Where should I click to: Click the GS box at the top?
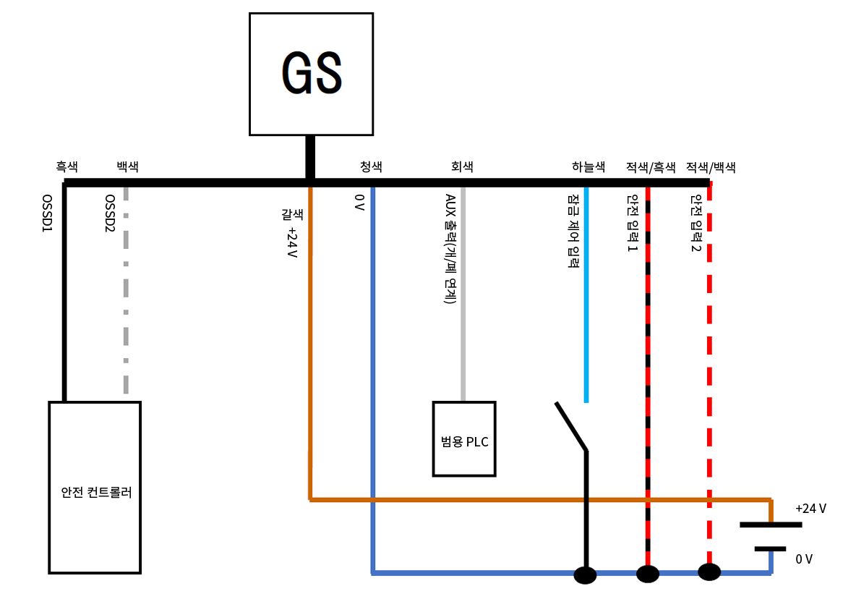[311, 74]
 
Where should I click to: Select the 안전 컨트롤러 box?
[95, 487]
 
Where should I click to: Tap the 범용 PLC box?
[464, 439]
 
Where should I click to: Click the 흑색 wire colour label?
[67, 166]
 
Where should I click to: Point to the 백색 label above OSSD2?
[128, 166]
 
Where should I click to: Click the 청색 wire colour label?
[371, 166]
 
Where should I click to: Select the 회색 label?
[462, 166]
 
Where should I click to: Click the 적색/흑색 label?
[651, 167]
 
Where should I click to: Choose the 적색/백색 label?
[711, 167]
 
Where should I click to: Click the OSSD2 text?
[110, 213]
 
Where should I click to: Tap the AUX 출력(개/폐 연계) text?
[450, 248]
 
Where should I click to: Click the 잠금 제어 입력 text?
[573, 230]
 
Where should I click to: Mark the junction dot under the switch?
[585, 575]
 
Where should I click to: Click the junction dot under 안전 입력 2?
[709, 572]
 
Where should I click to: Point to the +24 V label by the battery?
[810, 508]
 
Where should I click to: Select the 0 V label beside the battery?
[804, 559]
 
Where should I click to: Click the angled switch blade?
[571, 427]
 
